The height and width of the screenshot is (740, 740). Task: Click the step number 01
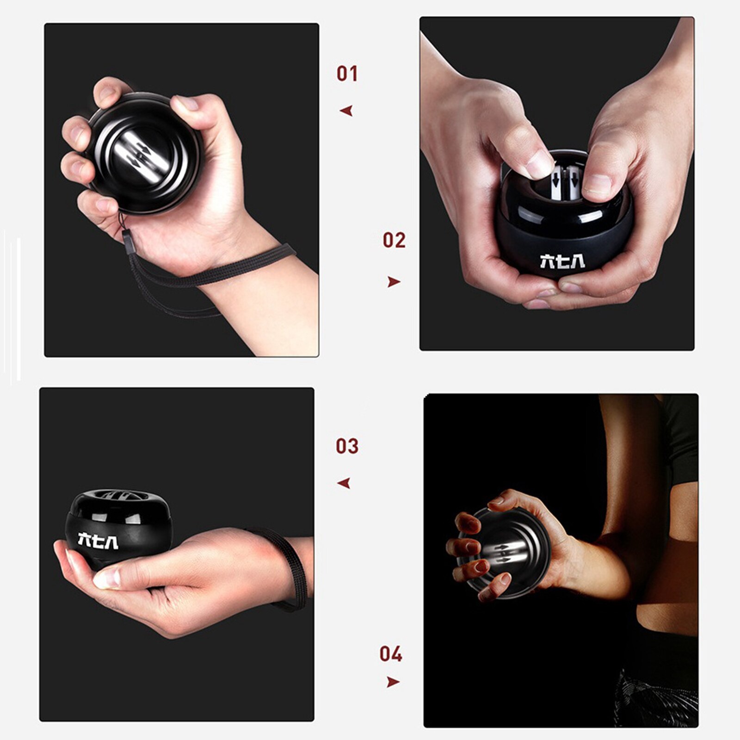click(x=347, y=74)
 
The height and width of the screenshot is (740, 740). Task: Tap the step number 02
click(x=394, y=240)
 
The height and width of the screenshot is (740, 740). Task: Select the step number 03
click(x=347, y=446)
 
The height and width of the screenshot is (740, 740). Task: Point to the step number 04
click(x=391, y=654)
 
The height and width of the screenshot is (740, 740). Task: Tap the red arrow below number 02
click(x=394, y=282)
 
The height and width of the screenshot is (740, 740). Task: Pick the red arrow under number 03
click(x=344, y=484)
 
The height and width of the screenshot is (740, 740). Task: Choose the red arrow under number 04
click(x=393, y=682)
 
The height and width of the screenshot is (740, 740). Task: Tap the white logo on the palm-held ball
click(x=98, y=541)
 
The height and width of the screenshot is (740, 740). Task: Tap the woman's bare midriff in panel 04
click(x=666, y=615)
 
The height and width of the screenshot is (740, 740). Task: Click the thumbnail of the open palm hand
click(x=106, y=578)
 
